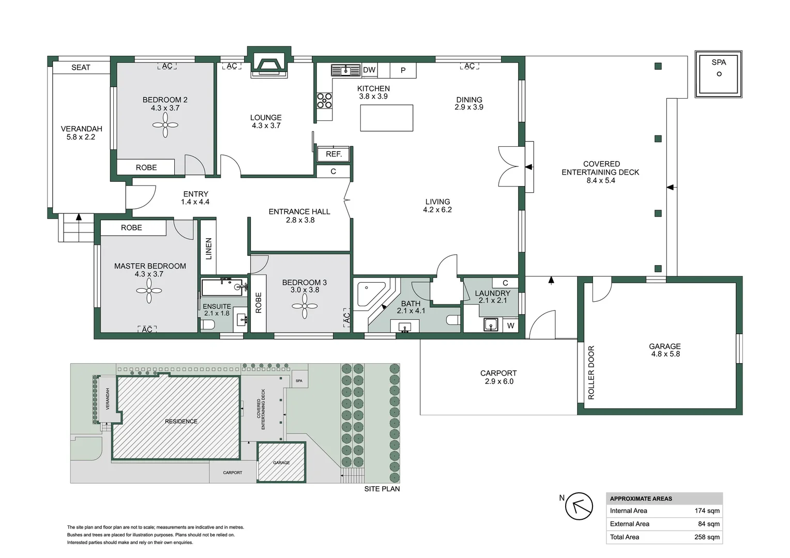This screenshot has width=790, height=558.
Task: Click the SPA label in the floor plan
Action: [719, 63]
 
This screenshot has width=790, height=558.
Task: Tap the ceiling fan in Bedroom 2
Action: [165, 125]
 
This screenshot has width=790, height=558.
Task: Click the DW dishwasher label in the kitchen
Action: [369, 70]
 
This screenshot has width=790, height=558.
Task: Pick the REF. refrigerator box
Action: [334, 154]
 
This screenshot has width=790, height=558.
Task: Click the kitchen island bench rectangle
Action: [387, 118]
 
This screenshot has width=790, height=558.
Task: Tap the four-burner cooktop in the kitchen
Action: [325, 100]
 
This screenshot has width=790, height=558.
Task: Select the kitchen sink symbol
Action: [345, 70]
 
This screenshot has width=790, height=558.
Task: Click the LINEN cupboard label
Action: [208, 248]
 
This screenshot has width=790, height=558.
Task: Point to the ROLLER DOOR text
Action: [591, 372]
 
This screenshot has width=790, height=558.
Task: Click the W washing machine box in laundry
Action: [511, 326]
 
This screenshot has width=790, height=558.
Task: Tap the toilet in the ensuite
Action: [207, 324]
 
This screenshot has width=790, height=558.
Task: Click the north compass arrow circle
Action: [579, 506]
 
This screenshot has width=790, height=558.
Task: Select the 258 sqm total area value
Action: [707, 537]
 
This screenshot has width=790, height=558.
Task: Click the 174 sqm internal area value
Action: [707, 510]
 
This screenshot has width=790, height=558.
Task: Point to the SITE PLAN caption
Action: [382, 489]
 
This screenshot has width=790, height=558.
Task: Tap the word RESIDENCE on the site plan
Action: [181, 421]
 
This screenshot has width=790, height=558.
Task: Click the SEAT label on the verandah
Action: [81, 67]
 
